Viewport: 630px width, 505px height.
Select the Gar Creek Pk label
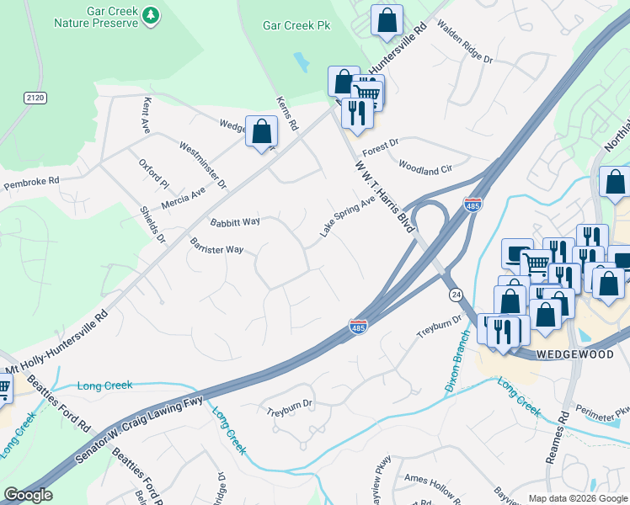(x=297, y=26)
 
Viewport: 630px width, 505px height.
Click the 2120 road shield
(x=35, y=98)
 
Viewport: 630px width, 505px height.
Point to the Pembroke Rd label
(x=31, y=181)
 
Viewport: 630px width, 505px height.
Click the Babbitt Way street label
(x=235, y=222)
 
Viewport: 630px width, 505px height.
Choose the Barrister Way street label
(x=216, y=250)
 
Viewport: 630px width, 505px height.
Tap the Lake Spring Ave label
(x=346, y=217)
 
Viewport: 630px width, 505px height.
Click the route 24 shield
(x=456, y=295)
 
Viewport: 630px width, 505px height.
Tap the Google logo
(x=28, y=495)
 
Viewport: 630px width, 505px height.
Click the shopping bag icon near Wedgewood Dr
(x=262, y=131)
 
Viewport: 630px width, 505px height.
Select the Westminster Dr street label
(x=203, y=164)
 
